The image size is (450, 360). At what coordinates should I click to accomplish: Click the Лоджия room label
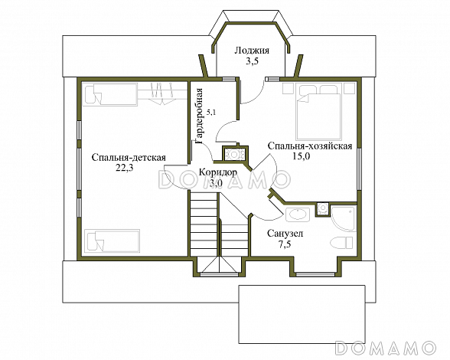[252, 51]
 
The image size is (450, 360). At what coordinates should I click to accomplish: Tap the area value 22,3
[125, 169]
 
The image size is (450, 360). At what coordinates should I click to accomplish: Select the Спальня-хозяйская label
[310, 146]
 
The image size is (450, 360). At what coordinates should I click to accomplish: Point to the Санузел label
[285, 234]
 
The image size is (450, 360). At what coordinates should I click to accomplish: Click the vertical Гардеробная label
[199, 116]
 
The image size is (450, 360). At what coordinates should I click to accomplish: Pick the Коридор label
[218, 172]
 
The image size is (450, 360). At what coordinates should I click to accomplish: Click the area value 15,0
[302, 156]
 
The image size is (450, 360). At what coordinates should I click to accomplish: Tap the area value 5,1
[211, 113]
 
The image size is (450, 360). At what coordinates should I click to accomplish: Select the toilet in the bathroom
[341, 243]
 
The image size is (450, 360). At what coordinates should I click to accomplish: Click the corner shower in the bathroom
[343, 218]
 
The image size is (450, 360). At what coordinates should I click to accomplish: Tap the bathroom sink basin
[298, 214]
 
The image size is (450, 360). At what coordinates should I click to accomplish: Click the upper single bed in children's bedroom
[110, 93]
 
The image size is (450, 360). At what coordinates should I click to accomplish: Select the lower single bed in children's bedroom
[112, 241]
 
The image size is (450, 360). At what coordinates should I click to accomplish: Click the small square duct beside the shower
[323, 208]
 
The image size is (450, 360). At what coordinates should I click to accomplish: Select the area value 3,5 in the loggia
[252, 61]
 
